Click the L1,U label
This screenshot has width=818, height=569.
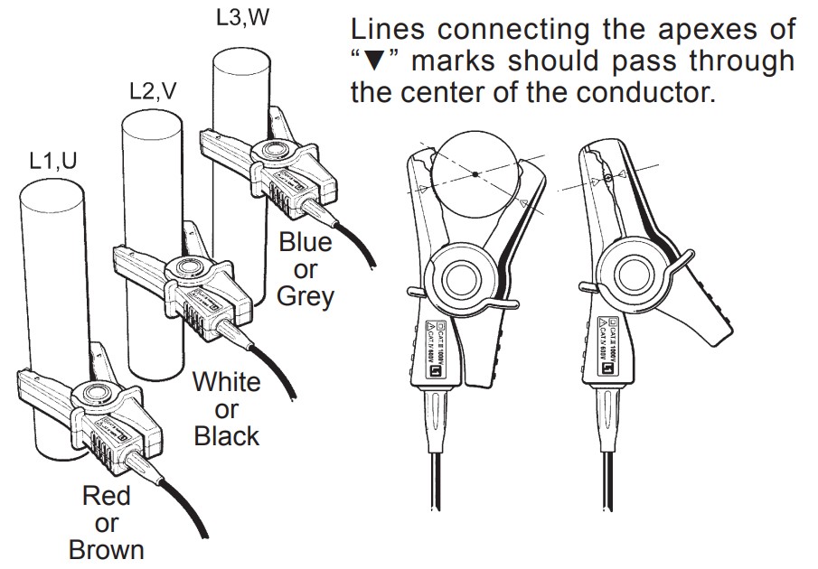[52, 161]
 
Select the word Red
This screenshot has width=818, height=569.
[106, 496]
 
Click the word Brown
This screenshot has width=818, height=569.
[106, 549]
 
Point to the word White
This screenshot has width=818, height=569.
[226, 382]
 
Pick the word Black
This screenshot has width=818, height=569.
[226, 436]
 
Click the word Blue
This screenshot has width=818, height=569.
[305, 242]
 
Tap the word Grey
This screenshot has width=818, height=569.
[305, 295]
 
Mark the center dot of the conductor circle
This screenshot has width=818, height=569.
[473, 174]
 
